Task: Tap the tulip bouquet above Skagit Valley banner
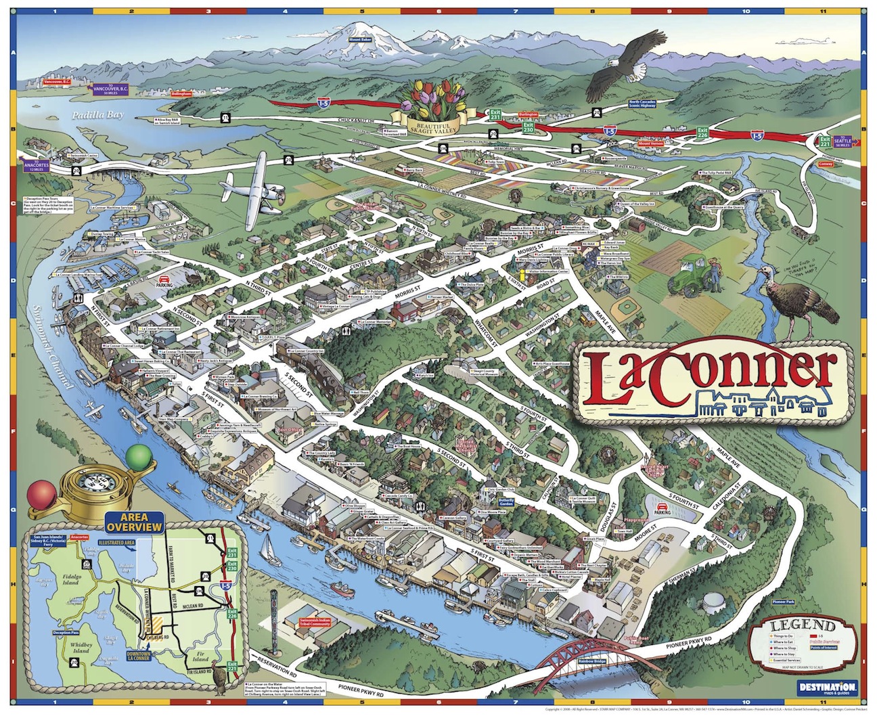click(x=433, y=95)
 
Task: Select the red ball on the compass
click(x=38, y=492)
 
